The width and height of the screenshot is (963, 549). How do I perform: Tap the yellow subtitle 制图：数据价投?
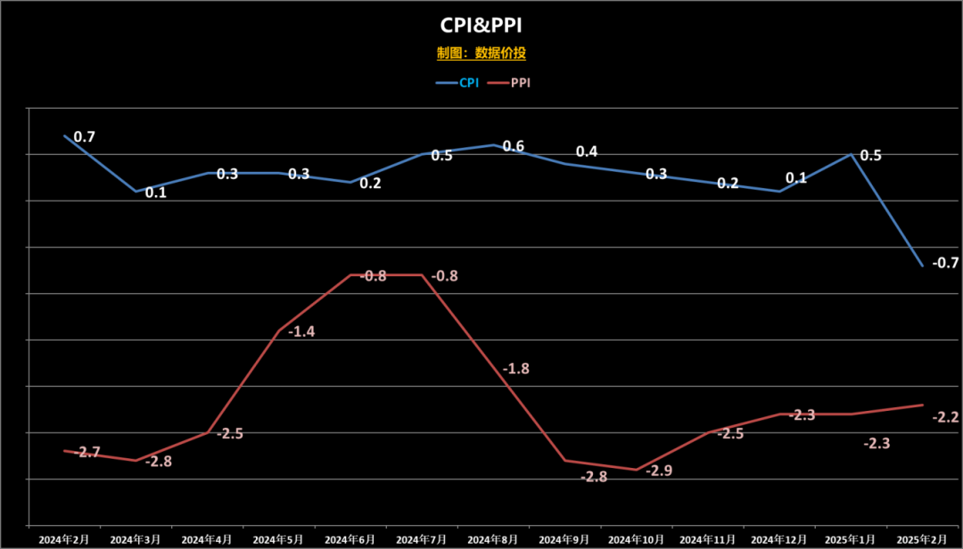[481, 53]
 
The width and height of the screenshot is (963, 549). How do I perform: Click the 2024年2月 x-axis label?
[64, 539]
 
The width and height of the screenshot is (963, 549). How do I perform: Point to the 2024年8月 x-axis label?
[493, 539]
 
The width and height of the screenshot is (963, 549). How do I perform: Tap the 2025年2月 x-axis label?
[922, 539]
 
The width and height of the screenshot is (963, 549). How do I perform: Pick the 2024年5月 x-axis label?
[279, 539]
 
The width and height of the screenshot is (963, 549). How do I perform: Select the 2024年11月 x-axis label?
[708, 539]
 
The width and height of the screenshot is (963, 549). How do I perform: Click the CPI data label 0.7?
[85, 137]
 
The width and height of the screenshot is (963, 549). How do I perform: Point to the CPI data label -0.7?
[945, 263]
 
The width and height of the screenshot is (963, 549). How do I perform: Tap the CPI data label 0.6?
[514, 146]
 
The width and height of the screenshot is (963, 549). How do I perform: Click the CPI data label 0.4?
[587, 152]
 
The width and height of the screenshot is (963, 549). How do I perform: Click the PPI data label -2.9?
[660, 471]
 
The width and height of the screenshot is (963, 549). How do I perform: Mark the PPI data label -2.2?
[945, 417]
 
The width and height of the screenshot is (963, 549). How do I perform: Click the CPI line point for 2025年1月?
[851, 154]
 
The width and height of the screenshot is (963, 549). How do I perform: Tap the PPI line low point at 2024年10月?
[637, 470]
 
